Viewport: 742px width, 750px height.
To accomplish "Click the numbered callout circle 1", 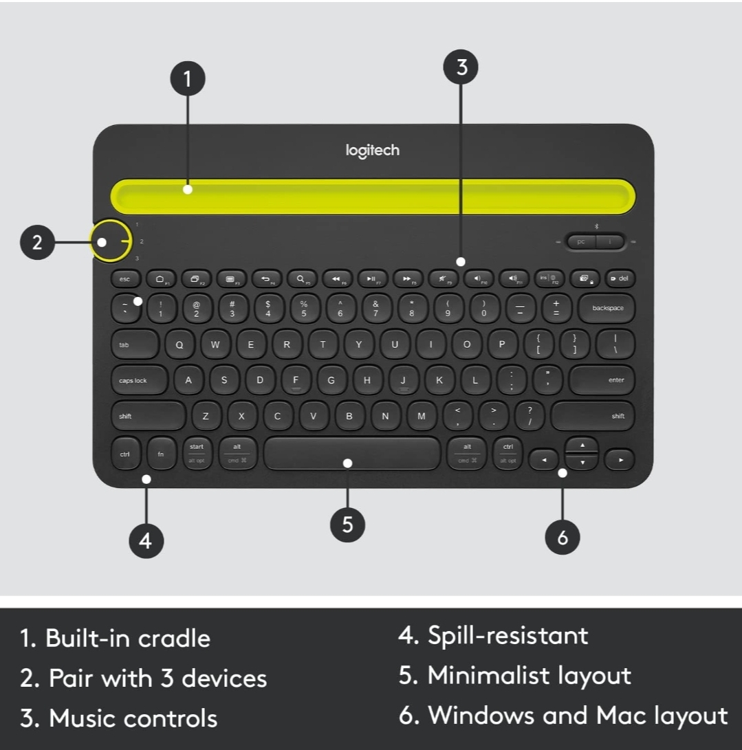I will click(x=187, y=80).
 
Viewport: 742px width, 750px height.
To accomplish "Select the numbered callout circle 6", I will click(x=563, y=536).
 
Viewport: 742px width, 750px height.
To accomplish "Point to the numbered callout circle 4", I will click(x=146, y=540).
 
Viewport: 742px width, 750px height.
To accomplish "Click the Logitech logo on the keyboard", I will click(x=372, y=150).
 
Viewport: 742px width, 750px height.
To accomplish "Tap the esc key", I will click(x=124, y=279).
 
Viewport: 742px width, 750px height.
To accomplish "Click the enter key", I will click(x=602, y=380).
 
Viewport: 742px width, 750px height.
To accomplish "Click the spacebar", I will click(x=351, y=454).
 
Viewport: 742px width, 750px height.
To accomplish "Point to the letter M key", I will click(x=422, y=416).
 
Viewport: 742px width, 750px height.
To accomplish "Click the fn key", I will click(x=161, y=454).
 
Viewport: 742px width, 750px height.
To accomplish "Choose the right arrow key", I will click(x=620, y=459).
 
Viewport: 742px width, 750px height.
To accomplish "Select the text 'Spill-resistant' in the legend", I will click(x=508, y=635).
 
